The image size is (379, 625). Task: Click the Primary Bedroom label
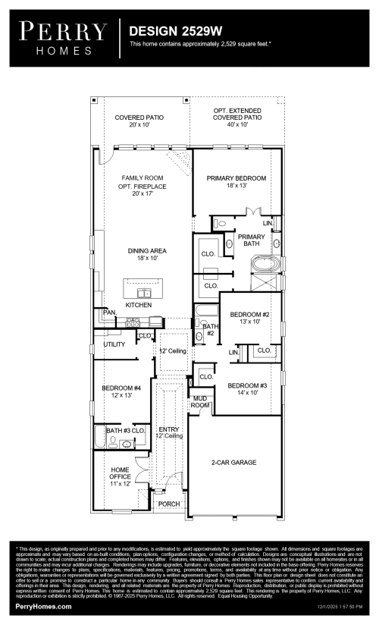pyautogui.click(x=236, y=181)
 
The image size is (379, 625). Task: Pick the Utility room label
pyautogui.click(x=114, y=344)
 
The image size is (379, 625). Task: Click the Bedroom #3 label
pyautogui.click(x=249, y=388)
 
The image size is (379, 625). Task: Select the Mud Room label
pyautogui.click(x=199, y=401)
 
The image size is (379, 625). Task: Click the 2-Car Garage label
pyautogui.click(x=233, y=462)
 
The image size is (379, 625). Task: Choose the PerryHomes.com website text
pyautogui.click(x=43, y=607)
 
